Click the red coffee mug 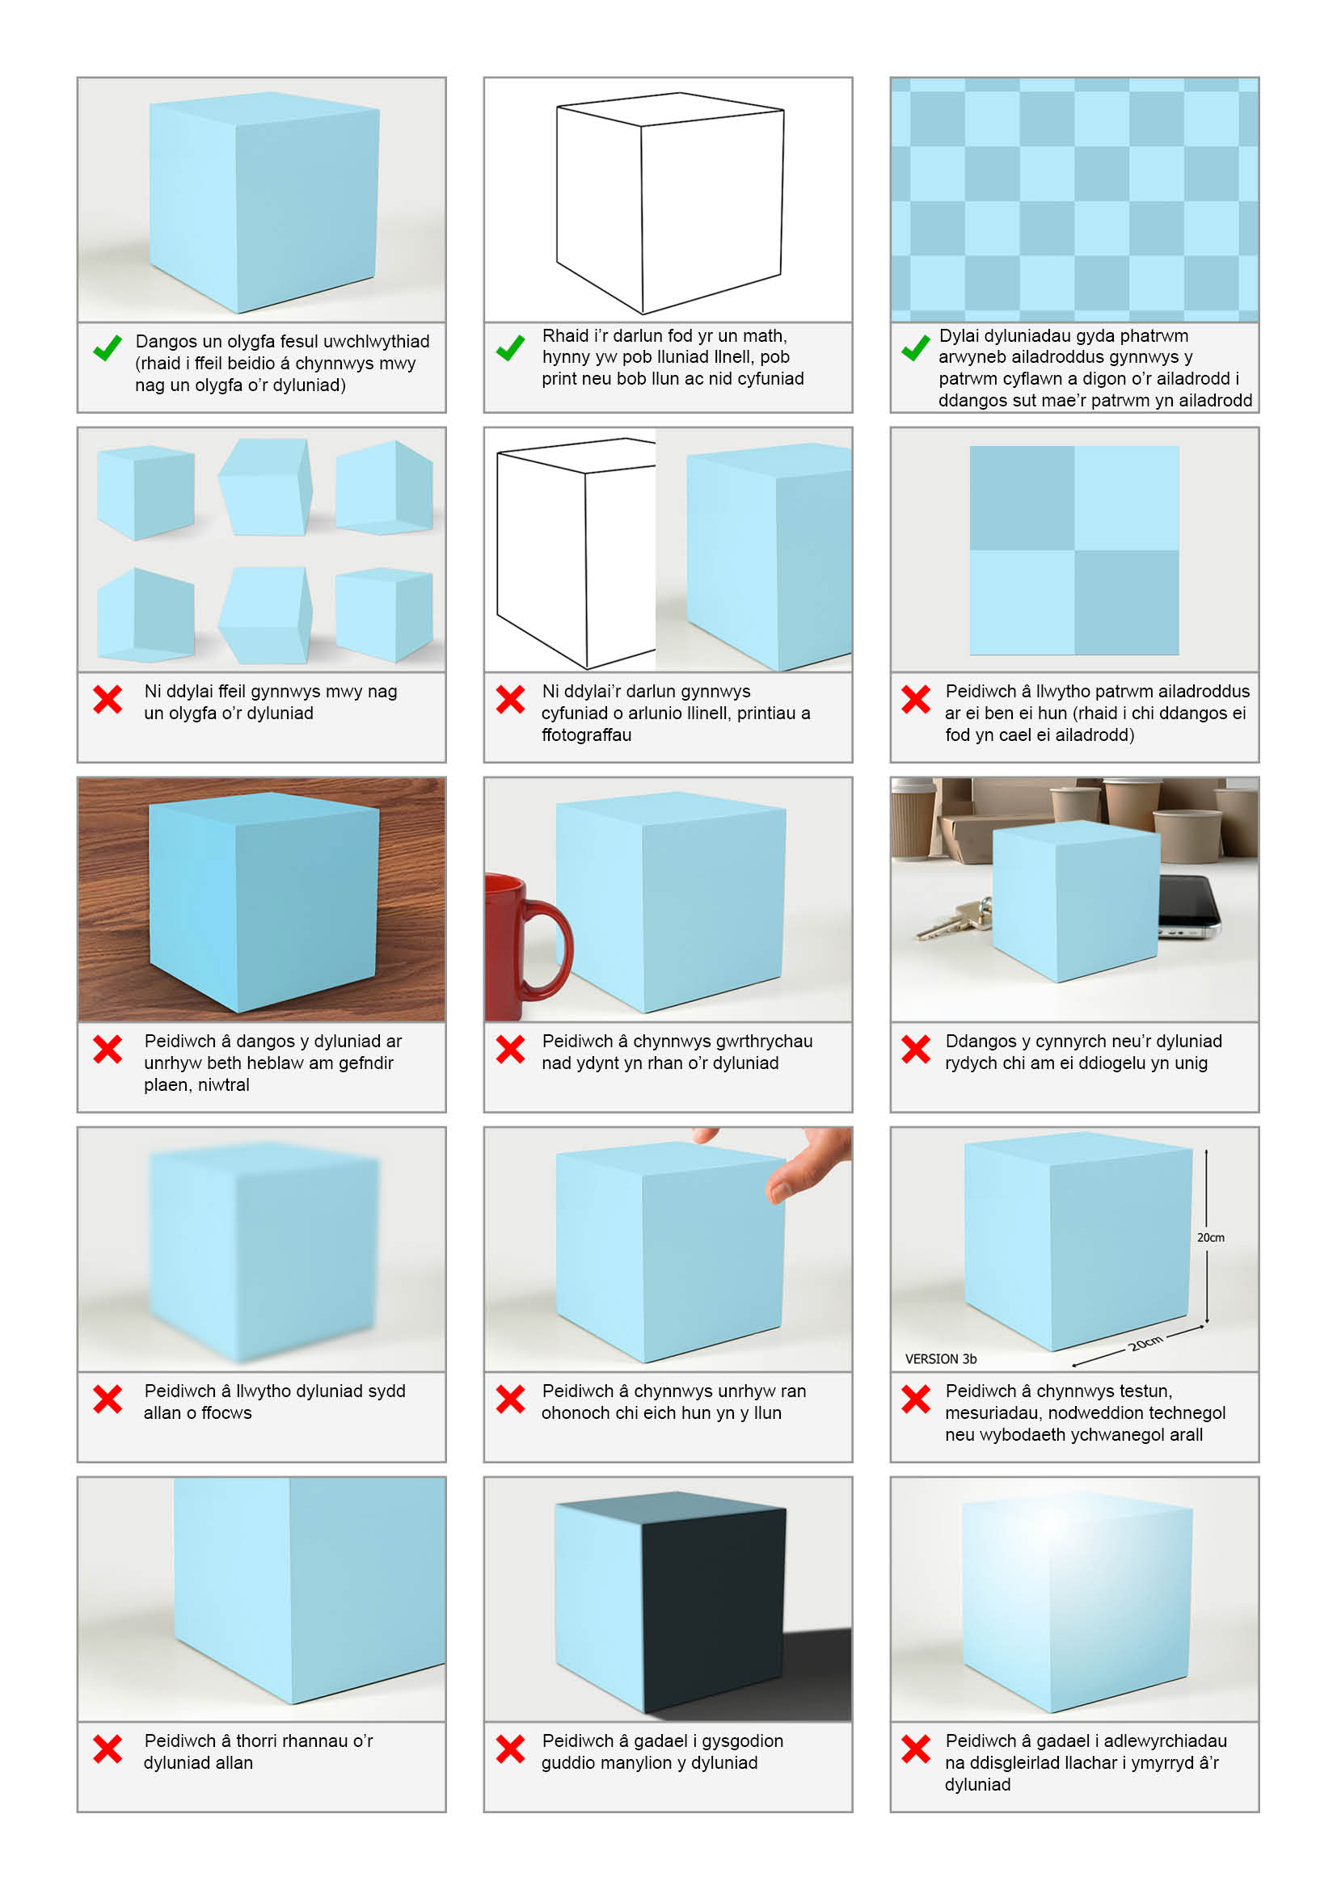(x=519, y=947)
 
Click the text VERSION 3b (x=941, y=1359)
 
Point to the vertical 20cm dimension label (x=1210, y=1237)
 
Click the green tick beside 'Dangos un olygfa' (x=107, y=347)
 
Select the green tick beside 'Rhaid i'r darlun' (x=510, y=347)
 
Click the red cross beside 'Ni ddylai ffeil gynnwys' (x=108, y=700)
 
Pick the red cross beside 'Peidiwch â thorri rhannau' (x=108, y=1749)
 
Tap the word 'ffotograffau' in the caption (x=586, y=735)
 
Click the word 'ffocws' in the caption (x=226, y=1412)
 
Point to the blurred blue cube (x=264, y=1252)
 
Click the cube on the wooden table (x=264, y=903)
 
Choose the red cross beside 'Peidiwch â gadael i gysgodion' (x=510, y=1749)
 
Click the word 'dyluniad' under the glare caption (x=977, y=1785)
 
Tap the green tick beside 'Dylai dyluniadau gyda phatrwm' (x=916, y=347)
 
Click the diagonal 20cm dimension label (x=1145, y=1344)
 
